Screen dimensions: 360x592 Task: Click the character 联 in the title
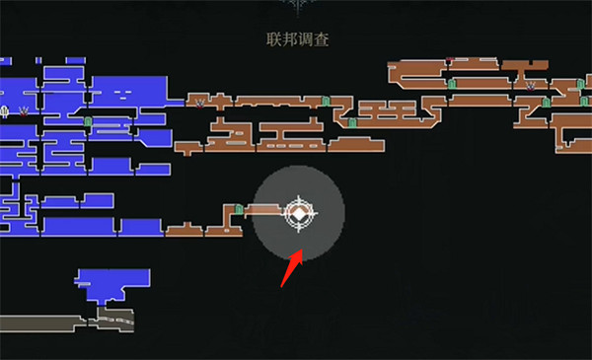point(273,39)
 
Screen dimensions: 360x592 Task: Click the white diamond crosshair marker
point(298,213)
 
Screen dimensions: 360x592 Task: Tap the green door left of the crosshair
point(239,209)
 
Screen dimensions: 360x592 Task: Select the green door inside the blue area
point(88,123)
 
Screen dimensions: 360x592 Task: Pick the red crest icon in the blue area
point(24,110)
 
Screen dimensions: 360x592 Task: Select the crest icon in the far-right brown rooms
point(531,85)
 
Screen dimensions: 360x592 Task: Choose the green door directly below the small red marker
point(452,84)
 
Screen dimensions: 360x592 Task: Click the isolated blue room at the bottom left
point(114,284)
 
